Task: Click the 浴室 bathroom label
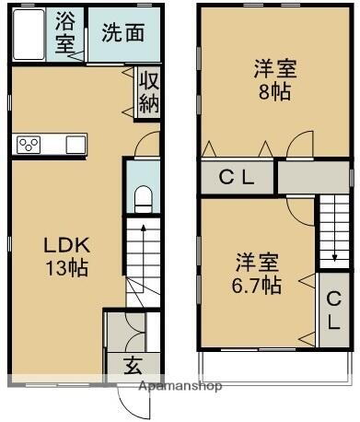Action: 65,32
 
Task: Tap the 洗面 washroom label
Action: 122,32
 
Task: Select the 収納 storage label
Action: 148,91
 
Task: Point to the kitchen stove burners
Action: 29,145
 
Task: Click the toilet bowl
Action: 143,198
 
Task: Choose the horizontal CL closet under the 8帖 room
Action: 238,178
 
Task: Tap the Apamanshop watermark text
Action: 180,386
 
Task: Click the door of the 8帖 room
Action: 299,147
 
